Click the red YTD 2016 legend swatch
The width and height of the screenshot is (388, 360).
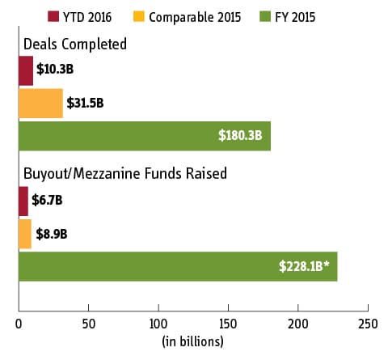[53, 16]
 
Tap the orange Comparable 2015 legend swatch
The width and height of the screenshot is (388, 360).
[139, 16]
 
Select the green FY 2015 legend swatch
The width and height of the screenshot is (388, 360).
[265, 16]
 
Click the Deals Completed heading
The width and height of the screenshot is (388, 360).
[75, 44]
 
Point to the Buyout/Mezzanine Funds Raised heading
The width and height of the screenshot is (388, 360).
[125, 173]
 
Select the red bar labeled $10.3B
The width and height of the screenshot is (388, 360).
[26, 70]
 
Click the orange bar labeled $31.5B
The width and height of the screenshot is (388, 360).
[40, 104]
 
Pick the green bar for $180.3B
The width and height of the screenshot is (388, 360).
[145, 136]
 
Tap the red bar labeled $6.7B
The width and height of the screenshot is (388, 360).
[23, 201]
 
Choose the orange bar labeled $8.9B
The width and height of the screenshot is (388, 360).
[25, 234]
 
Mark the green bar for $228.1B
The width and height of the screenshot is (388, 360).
[178, 266]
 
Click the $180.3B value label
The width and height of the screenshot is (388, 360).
[240, 135]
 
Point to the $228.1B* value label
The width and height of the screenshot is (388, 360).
[304, 266]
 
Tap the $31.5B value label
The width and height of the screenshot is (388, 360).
[85, 103]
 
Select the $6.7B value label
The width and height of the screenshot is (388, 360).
[47, 201]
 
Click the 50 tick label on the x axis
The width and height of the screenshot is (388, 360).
[89, 324]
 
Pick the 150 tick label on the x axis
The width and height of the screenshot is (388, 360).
[228, 324]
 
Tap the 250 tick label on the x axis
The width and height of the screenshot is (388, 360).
[368, 324]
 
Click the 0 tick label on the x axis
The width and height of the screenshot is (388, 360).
[19, 324]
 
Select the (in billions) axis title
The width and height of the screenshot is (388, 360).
[192, 341]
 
